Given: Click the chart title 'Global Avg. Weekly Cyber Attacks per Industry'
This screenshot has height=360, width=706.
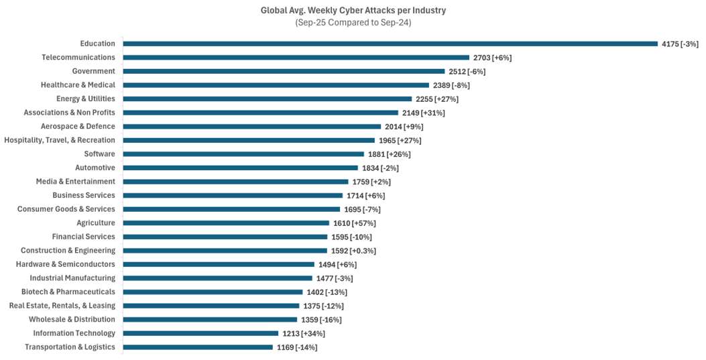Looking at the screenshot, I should tap(353, 10).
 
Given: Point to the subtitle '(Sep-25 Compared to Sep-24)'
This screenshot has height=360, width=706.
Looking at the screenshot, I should tap(353, 22).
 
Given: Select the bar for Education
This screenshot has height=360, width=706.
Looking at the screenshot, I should tap(390, 44).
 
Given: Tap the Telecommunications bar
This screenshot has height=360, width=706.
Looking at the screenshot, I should tap(296, 58).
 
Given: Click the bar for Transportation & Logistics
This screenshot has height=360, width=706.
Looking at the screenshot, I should tap(198, 347).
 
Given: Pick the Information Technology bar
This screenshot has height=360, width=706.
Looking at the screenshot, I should tap(200, 333).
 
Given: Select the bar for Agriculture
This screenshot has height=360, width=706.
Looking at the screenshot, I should tap(226, 223).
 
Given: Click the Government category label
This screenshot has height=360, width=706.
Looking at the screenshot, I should tap(94, 71).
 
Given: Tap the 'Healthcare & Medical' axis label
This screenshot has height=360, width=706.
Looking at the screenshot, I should tap(78, 85).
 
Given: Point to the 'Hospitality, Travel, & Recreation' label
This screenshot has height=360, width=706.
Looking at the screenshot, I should tap(60, 140).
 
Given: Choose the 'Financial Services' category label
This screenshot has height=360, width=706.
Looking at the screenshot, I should tap(84, 237).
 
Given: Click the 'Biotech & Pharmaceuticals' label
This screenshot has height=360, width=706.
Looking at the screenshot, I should tap(68, 292).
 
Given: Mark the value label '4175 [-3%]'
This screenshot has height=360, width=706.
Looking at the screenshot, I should tap(680, 44).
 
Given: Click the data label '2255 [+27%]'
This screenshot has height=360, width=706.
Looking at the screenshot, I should tap(437, 99).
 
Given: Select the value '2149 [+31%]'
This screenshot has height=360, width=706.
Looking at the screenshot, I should tap(424, 113).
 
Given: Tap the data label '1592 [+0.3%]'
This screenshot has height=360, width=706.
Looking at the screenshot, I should tap(353, 251).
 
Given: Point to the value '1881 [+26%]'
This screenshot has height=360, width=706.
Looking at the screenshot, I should tap(390, 154).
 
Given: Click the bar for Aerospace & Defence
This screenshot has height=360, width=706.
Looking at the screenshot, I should tap(251, 127).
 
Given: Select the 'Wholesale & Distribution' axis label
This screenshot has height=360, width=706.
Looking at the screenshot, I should tap(72, 319).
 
